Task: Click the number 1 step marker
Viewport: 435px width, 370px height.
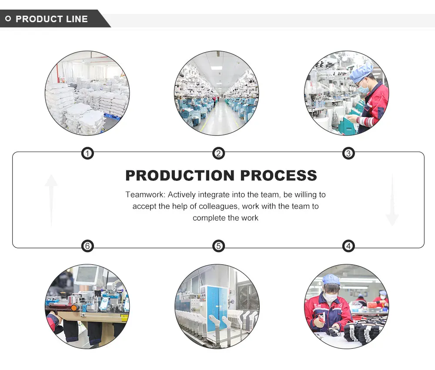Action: click(x=87, y=153)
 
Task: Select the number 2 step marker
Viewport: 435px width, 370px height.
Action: click(x=218, y=153)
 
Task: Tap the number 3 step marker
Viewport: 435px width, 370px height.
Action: click(x=348, y=153)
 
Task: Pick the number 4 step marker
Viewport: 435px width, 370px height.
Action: click(x=348, y=246)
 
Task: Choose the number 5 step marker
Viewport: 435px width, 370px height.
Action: click(x=218, y=246)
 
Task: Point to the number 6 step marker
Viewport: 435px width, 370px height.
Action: click(x=87, y=246)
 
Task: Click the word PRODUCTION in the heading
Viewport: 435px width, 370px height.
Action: click(x=180, y=176)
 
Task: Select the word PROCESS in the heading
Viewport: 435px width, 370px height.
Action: click(x=278, y=176)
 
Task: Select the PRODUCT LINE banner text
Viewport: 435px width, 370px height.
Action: click(x=51, y=19)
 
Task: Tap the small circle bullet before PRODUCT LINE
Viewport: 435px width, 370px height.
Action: click(x=8, y=19)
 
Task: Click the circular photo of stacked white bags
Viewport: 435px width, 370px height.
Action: click(x=87, y=93)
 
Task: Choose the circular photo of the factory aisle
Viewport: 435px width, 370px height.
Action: click(x=217, y=93)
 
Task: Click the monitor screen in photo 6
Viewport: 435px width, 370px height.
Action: click(x=87, y=274)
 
